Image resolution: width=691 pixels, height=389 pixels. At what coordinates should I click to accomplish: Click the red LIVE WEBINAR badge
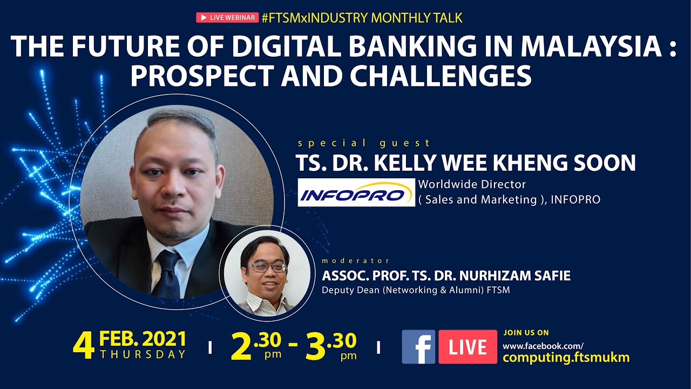click(x=227, y=18)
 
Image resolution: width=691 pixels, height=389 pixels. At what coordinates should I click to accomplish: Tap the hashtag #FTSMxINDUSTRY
click(x=315, y=18)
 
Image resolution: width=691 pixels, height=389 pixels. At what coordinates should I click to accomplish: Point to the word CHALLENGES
click(x=441, y=76)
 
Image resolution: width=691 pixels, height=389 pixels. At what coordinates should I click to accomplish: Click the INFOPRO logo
click(x=356, y=192)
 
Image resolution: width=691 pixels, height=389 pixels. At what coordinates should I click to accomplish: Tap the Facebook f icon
click(x=418, y=347)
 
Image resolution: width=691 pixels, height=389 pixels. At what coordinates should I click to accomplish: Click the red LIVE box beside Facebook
click(x=468, y=347)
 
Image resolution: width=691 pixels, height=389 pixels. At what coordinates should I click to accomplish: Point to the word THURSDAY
click(x=143, y=354)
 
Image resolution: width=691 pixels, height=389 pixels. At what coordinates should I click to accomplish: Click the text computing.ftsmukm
click(x=566, y=358)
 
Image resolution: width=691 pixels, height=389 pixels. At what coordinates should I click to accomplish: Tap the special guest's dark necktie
click(x=167, y=274)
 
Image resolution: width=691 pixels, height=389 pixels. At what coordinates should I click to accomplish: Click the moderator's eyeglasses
click(x=267, y=267)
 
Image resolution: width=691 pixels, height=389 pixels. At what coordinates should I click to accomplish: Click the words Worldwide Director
click(x=472, y=184)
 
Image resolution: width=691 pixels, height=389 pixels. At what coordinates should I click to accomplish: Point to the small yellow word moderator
click(x=355, y=261)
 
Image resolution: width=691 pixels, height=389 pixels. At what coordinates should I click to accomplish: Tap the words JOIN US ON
click(x=526, y=333)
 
